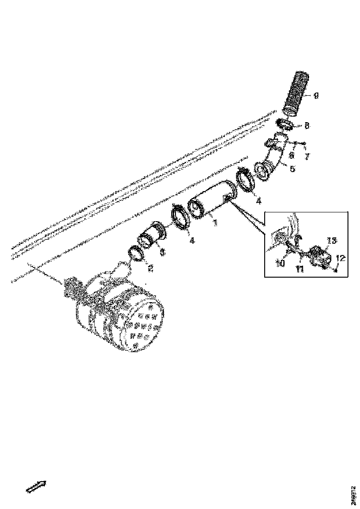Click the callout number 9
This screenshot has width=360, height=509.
pos(316,96)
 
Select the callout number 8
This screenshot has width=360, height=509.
pos(307,125)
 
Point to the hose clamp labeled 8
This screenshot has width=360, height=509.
pos(286,124)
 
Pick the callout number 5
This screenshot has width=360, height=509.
pos(292,169)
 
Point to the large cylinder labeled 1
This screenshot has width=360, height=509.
pos(214,199)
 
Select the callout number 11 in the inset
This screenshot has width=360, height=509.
pos(300,269)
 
